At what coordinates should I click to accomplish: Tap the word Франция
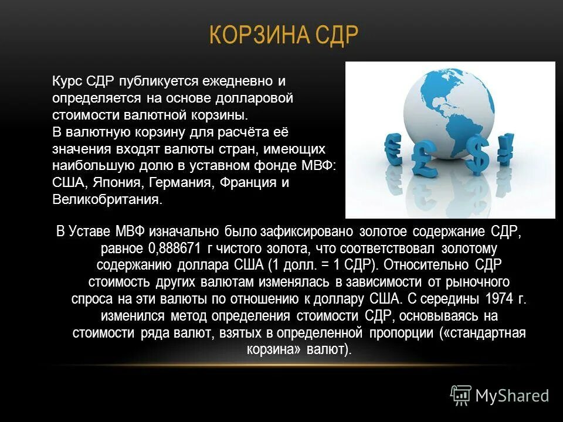point(247,182)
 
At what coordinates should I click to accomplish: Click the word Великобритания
point(106,199)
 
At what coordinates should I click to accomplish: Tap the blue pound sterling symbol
point(422,159)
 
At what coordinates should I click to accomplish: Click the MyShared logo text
point(511,396)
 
